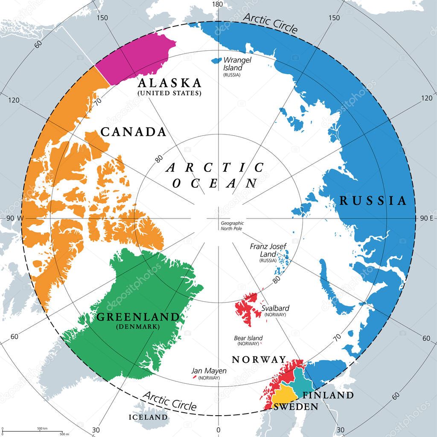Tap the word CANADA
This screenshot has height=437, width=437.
point(133,132)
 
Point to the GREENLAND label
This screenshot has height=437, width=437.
point(138,317)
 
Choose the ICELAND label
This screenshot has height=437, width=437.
point(149,417)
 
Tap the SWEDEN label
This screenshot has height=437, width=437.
point(296,407)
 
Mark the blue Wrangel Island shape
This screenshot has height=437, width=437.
point(216,61)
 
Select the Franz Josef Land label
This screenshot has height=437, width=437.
point(268,250)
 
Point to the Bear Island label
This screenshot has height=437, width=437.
point(248,338)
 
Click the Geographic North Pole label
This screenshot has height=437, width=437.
point(232,225)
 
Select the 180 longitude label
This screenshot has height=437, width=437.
point(218,4)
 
